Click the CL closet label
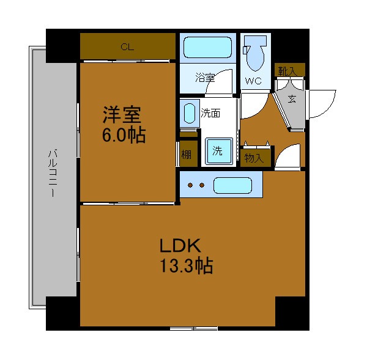[127, 47]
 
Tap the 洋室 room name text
[122, 115]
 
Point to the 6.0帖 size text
[124, 135]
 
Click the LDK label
[180, 245]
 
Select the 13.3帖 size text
[187, 266]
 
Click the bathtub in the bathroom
[207, 48]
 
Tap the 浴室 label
[205, 78]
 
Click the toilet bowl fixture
[255, 53]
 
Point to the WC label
[253, 81]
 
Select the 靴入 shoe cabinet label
[287, 71]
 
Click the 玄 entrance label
[292, 99]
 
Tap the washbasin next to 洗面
[190, 113]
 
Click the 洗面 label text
[210, 113]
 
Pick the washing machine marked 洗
[219, 151]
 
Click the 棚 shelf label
[187, 155]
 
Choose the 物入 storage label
[254, 158]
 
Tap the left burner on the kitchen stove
[190, 185]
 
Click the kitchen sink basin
[232, 185]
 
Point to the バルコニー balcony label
[53, 172]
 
